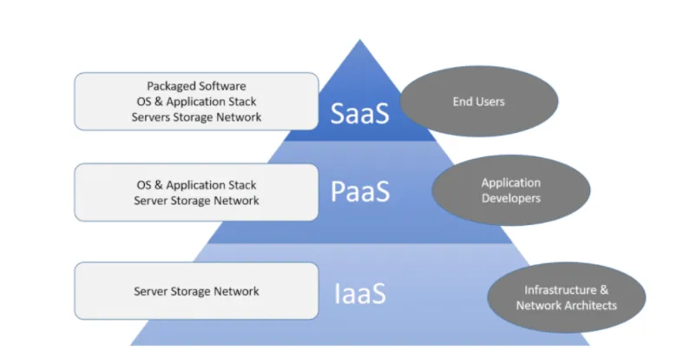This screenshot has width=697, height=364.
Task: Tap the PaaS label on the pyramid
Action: point(359,192)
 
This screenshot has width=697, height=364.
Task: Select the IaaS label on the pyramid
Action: point(359,293)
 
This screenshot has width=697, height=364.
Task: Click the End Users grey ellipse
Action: point(478,103)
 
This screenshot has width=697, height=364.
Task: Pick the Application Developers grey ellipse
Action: point(511,190)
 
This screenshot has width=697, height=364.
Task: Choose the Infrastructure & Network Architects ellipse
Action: point(566,297)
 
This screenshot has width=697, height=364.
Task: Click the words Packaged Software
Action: point(196,86)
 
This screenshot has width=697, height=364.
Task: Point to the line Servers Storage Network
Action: point(196,117)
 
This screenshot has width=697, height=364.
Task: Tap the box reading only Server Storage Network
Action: point(196,291)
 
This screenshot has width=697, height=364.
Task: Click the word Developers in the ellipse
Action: point(511,198)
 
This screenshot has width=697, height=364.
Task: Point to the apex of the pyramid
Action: point(360,42)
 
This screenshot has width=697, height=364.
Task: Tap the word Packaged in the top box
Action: point(171,86)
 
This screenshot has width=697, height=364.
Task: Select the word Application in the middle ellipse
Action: point(511,182)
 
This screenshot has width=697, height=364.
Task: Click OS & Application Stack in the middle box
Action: point(196,185)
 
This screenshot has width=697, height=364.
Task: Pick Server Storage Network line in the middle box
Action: point(196,201)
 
